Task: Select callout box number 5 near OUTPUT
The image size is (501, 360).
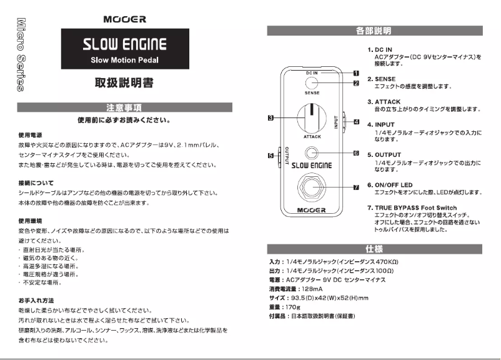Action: [270, 155]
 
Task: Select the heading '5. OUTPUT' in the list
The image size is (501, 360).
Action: [384, 155]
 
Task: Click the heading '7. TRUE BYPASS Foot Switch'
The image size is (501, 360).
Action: [412, 207]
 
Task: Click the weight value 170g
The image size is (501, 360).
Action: [292, 307]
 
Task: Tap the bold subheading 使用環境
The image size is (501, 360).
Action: [31, 221]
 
